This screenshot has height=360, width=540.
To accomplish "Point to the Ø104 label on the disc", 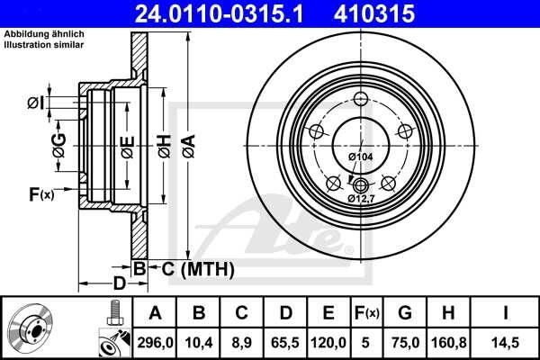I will [361, 157].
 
